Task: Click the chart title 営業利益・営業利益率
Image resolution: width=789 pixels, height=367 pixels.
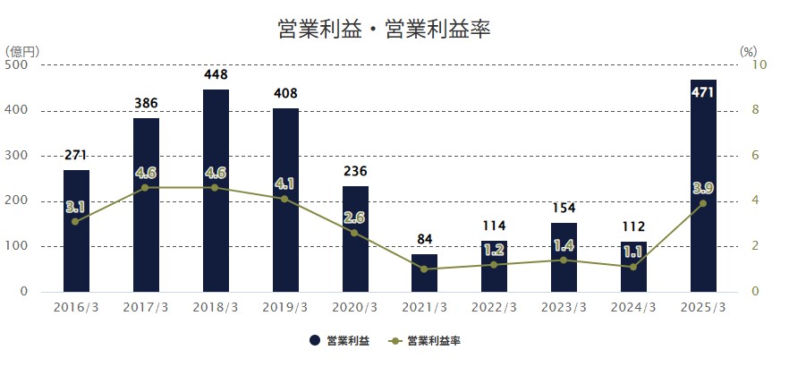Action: (386, 29)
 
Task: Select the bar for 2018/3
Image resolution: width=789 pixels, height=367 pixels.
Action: (216, 190)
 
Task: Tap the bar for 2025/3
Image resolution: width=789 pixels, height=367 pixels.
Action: (703, 185)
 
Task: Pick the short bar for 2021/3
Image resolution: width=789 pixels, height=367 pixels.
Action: (425, 272)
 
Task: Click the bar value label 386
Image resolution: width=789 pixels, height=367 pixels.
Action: (146, 104)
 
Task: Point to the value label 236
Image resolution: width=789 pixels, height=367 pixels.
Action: (355, 171)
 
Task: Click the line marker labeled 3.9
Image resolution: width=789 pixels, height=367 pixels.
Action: (703, 203)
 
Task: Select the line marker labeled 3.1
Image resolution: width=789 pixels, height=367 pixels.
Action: (76, 221)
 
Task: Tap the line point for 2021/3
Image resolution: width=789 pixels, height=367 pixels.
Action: (425, 269)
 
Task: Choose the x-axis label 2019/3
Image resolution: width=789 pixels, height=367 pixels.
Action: (285, 307)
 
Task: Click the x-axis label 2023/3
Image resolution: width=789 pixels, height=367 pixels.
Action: (564, 307)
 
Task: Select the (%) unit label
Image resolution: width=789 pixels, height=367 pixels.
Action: (749, 51)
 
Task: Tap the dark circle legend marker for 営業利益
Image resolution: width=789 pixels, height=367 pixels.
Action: (315, 341)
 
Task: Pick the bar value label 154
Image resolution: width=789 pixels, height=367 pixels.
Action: (564, 209)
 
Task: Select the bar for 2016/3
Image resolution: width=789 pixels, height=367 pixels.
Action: (76, 230)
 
